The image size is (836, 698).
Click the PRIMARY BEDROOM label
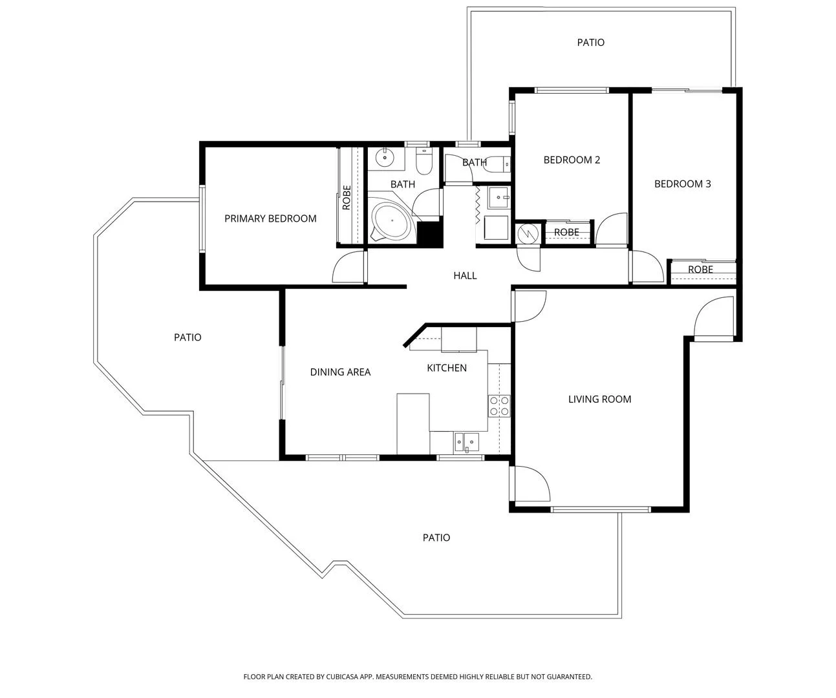[270, 218]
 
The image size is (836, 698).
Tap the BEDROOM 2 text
[572, 160]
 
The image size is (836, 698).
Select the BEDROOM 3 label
[682, 184]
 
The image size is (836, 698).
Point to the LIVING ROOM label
[599, 399]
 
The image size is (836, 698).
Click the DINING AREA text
[340, 372]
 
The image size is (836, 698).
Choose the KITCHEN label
[446, 368]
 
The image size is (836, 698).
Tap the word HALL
[465, 275]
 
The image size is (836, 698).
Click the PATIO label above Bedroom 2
[590, 43]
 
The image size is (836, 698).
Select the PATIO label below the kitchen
[436, 538]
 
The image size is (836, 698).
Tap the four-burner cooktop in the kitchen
[499, 405]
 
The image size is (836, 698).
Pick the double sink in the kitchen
[466, 441]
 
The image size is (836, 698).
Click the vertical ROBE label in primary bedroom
[347, 197]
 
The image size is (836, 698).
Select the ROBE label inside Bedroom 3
[700, 270]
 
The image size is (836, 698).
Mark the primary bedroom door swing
[348, 268]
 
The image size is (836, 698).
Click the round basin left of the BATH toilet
[385, 156]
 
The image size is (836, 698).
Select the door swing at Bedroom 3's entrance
[647, 268]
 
